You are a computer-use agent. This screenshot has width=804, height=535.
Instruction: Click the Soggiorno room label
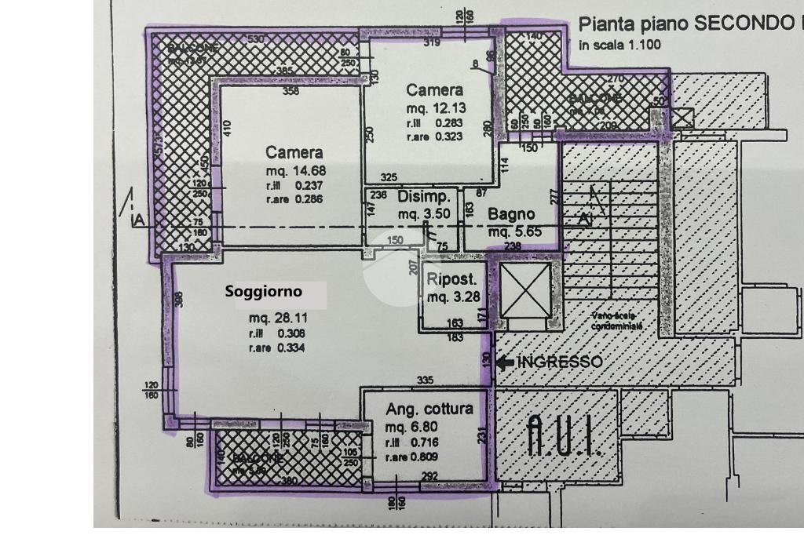pos(263,292)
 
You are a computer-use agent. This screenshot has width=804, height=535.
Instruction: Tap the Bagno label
pos(511,213)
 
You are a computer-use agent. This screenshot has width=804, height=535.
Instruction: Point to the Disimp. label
pos(424,196)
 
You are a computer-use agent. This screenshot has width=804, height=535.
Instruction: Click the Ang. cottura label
pos(429,409)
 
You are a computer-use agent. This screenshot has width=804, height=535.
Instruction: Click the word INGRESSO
pos(561,362)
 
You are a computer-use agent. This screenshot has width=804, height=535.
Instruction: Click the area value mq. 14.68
pos(295,170)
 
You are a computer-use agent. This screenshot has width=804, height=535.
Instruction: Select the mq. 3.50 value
pos(423,213)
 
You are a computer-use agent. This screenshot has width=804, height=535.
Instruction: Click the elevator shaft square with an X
pos(525,290)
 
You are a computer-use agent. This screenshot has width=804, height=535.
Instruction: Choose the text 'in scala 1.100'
pos(619,45)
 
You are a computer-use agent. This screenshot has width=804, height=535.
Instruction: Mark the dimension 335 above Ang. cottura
pos(425,380)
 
